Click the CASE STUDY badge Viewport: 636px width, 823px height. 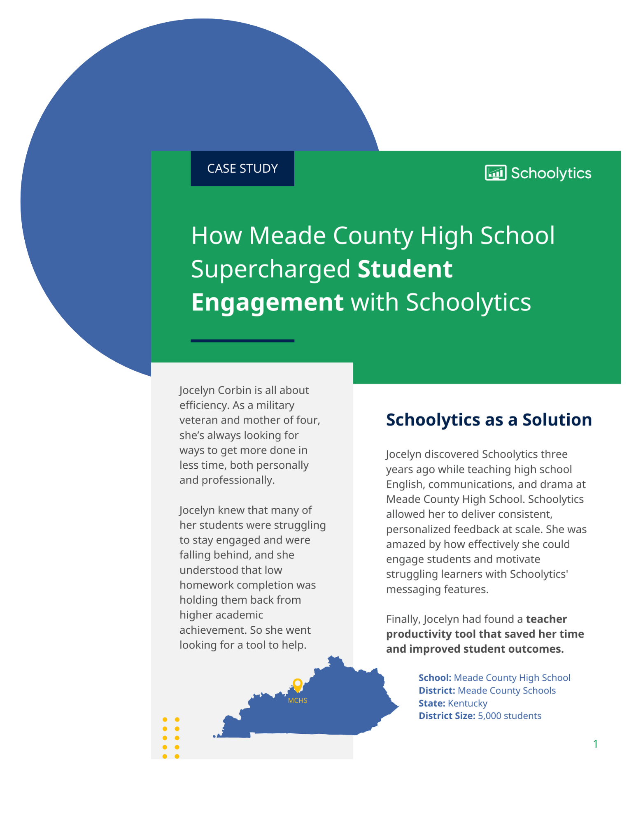tap(242, 168)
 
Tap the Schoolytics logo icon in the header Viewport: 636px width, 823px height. tap(495, 173)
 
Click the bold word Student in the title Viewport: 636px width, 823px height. tap(405, 269)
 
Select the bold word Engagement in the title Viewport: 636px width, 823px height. tap(267, 302)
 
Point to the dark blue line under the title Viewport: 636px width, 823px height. tap(242, 341)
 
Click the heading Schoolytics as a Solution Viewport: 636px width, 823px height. tap(489, 420)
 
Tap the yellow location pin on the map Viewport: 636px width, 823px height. tap(297, 685)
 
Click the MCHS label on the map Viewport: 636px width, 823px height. tap(297, 700)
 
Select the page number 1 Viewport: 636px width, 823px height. tap(595, 744)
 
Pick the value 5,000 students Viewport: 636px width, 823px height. tap(509, 716)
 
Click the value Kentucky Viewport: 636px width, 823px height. tap(467, 703)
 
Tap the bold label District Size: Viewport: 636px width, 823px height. tap(447, 716)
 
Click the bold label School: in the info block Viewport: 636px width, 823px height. tap(435, 678)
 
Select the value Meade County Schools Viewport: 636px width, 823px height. tap(506, 690)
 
